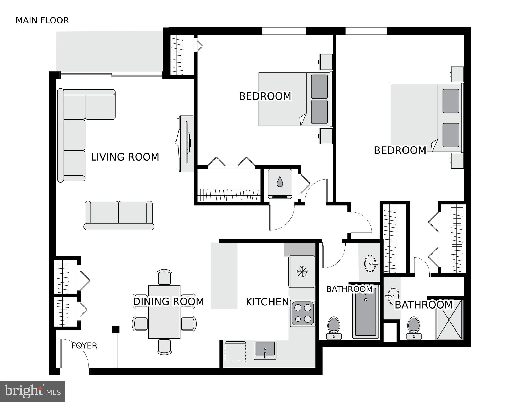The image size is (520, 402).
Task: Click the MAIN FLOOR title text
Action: (x=42, y=20)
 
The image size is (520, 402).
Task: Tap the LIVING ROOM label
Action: (x=125, y=157)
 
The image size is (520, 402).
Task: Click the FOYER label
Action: (x=84, y=346)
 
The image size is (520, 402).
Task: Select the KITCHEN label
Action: (x=267, y=302)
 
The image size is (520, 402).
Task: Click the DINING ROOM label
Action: (x=168, y=301)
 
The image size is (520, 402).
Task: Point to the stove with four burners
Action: (x=303, y=313)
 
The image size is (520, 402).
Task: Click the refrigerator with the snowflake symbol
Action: (x=302, y=272)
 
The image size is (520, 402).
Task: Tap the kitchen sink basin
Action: (x=265, y=350)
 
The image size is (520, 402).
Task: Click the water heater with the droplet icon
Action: (x=280, y=184)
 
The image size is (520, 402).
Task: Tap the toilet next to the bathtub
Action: (x=334, y=328)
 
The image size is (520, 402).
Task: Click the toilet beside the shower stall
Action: (x=414, y=328)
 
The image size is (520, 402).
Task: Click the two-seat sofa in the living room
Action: (x=119, y=215)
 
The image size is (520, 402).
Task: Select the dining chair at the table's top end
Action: (x=164, y=277)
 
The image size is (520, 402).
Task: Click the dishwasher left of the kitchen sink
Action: (x=235, y=352)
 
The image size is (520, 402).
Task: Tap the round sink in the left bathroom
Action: (x=370, y=263)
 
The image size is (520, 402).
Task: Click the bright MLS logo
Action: (x=32, y=391)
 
